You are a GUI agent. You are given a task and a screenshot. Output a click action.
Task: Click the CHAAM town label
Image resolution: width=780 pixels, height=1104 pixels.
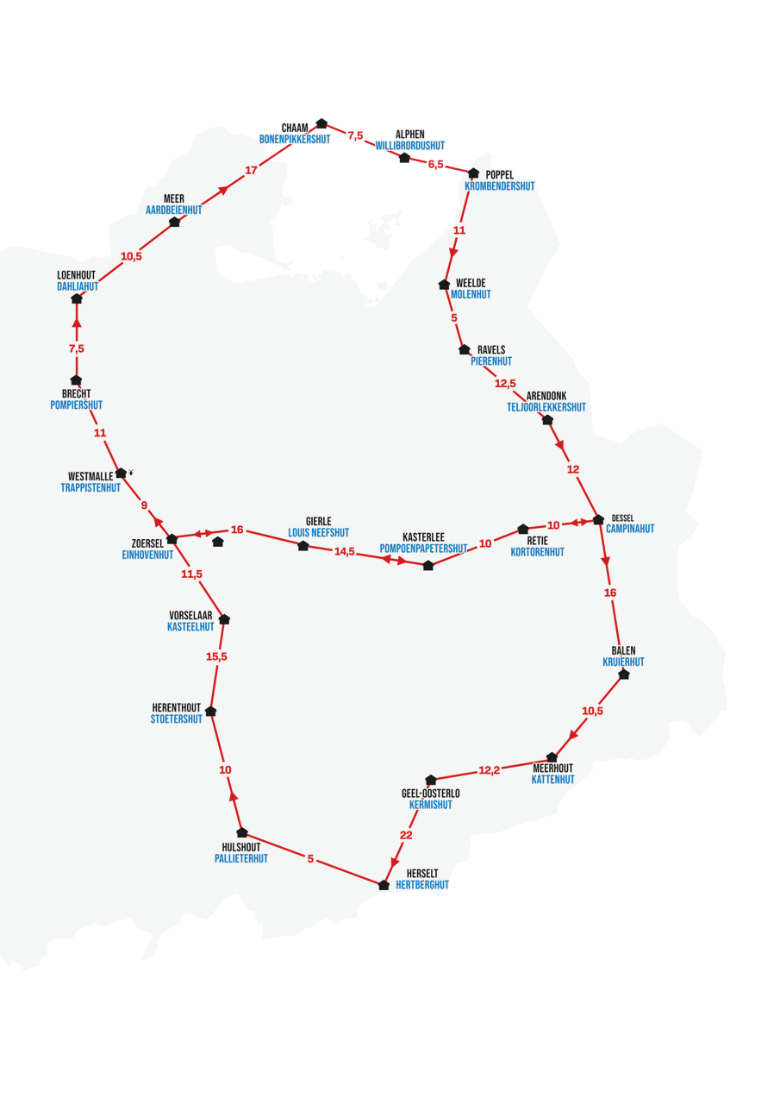295,128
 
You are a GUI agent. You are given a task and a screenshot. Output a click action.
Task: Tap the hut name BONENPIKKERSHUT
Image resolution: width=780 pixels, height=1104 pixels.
295,139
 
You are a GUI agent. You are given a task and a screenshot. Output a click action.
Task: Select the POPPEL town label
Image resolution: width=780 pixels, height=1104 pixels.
498,175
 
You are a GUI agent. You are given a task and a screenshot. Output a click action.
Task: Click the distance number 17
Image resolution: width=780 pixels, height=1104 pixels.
251,170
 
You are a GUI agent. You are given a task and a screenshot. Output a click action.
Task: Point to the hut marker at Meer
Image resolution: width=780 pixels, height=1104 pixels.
175,222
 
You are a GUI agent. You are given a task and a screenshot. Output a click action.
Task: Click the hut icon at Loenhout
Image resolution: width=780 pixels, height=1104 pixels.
77,298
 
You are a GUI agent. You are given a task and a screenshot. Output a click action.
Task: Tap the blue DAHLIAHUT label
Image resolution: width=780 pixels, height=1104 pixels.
78,286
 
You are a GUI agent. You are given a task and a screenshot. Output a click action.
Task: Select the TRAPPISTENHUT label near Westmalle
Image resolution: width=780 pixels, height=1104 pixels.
90,487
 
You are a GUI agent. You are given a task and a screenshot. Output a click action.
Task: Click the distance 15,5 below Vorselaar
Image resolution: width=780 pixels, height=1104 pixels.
216,656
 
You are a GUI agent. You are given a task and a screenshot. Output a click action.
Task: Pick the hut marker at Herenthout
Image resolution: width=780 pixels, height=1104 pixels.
211,711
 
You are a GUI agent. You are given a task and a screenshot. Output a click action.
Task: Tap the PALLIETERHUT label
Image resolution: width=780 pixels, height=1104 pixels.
241,858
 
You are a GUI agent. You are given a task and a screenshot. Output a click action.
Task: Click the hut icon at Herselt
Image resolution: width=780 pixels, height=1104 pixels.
384,885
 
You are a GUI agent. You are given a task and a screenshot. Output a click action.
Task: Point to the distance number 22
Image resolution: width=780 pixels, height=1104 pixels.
406,835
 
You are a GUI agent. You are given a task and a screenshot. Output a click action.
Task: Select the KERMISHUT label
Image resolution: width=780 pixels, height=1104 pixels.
431,805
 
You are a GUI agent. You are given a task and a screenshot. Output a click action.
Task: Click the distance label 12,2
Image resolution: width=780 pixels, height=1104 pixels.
489,769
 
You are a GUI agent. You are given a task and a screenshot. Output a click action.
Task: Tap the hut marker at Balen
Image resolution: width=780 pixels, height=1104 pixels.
624,674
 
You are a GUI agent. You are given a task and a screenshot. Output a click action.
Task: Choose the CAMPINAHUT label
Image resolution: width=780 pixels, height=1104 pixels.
630,529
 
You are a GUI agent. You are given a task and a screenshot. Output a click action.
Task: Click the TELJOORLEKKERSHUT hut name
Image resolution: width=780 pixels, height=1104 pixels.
546,407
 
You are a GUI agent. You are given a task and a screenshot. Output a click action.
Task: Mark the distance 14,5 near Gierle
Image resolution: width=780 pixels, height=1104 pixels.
345,551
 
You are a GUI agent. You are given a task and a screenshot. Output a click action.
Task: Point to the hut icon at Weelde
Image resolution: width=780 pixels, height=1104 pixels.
445,285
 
